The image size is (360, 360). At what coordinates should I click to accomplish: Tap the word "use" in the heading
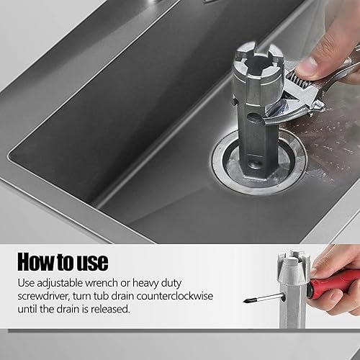92,261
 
